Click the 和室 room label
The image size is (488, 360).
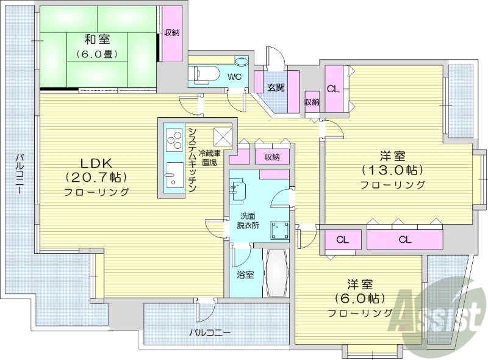[97, 40]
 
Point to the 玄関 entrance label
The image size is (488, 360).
[276, 87]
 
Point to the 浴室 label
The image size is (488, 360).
[245, 275]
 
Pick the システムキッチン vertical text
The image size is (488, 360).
[192, 160]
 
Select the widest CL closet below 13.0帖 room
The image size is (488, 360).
[404, 239]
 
